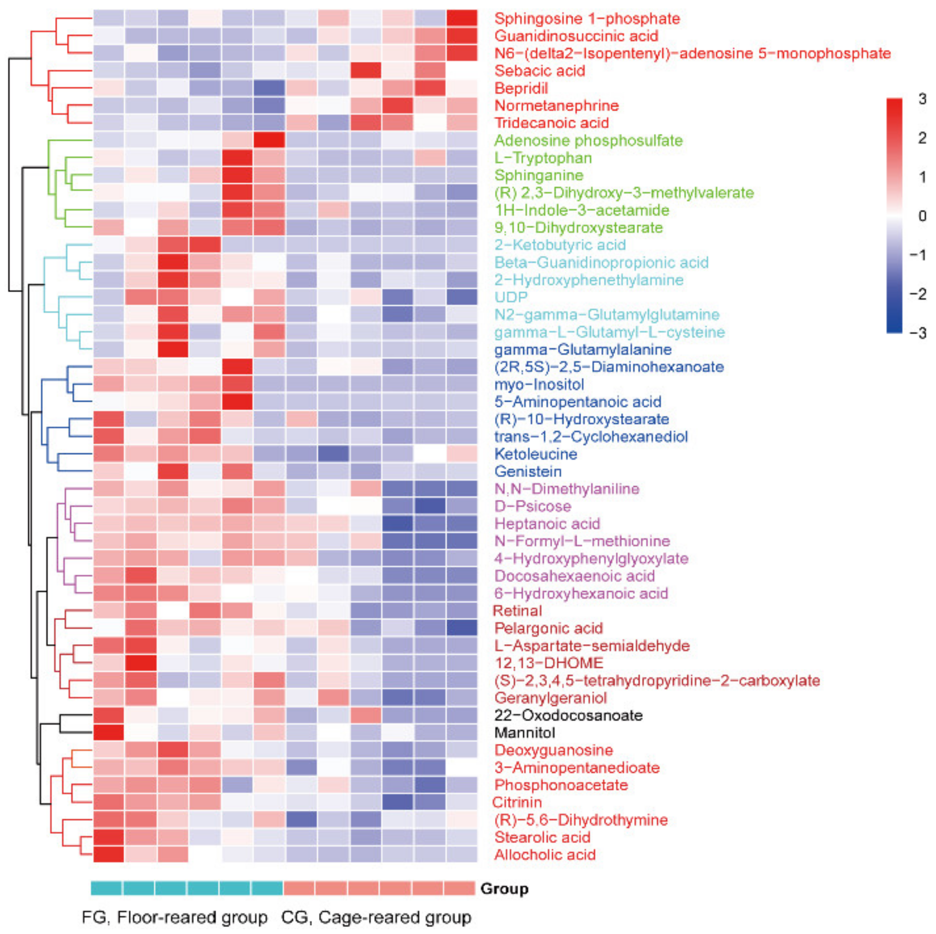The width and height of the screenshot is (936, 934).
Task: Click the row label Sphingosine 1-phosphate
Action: [587, 19]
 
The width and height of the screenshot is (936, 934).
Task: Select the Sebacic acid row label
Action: [539, 71]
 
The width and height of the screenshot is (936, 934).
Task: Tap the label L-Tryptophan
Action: [543, 158]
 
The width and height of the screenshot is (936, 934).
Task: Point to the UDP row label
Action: [511, 297]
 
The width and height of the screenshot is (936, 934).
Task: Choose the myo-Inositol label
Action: [539, 385]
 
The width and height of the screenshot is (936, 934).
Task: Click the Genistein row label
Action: [528, 471]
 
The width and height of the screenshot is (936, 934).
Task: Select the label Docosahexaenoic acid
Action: [574, 576]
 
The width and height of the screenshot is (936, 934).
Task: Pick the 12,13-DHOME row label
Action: [548, 663]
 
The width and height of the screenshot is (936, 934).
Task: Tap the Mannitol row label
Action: [524, 732]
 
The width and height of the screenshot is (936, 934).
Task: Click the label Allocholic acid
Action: [545, 855]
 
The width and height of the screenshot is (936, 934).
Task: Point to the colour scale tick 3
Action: [922, 99]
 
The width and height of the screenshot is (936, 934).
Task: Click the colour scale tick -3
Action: [919, 333]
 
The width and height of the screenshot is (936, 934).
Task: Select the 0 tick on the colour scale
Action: [922, 216]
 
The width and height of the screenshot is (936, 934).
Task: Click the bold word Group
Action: [504, 888]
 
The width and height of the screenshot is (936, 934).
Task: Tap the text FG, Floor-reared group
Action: [174, 917]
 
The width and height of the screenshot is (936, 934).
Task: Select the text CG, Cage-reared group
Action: [376, 917]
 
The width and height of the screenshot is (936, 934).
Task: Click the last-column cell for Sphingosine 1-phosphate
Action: [462, 18]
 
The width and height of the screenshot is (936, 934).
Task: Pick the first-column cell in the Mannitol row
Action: [108, 732]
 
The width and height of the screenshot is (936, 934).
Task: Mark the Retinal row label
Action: [517, 611]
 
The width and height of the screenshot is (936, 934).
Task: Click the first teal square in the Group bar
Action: [106, 888]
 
